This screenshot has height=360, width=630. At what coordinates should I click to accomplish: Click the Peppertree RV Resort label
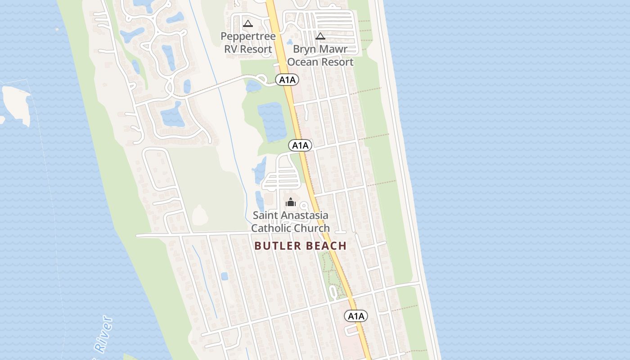click(248, 42)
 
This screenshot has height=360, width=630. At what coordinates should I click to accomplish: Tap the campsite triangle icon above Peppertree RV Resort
click(247, 23)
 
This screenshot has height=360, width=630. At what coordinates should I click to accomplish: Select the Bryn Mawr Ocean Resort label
click(320, 55)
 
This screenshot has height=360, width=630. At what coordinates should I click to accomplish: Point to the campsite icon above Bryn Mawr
click(320, 36)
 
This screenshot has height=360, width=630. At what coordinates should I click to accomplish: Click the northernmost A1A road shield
click(287, 80)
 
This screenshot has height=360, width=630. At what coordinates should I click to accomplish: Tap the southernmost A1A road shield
click(356, 316)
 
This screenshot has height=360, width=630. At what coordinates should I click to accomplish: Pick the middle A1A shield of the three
click(300, 145)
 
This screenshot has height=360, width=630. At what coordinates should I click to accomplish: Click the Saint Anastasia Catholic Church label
click(290, 222)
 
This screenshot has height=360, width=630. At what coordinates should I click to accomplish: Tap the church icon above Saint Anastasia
click(291, 202)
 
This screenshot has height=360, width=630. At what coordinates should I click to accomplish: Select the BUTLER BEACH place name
click(300, 246)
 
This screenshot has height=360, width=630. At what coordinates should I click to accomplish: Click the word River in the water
click(103, 333)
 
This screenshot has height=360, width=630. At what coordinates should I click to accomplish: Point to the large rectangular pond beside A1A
click(272, 121)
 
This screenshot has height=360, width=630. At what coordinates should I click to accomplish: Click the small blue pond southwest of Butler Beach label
click(224, 276)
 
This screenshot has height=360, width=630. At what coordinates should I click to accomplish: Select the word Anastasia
click(304, 216)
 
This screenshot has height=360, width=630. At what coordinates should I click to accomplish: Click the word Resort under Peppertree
click(255, 49)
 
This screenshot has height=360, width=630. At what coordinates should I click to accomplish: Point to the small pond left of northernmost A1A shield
click(253, 86)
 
